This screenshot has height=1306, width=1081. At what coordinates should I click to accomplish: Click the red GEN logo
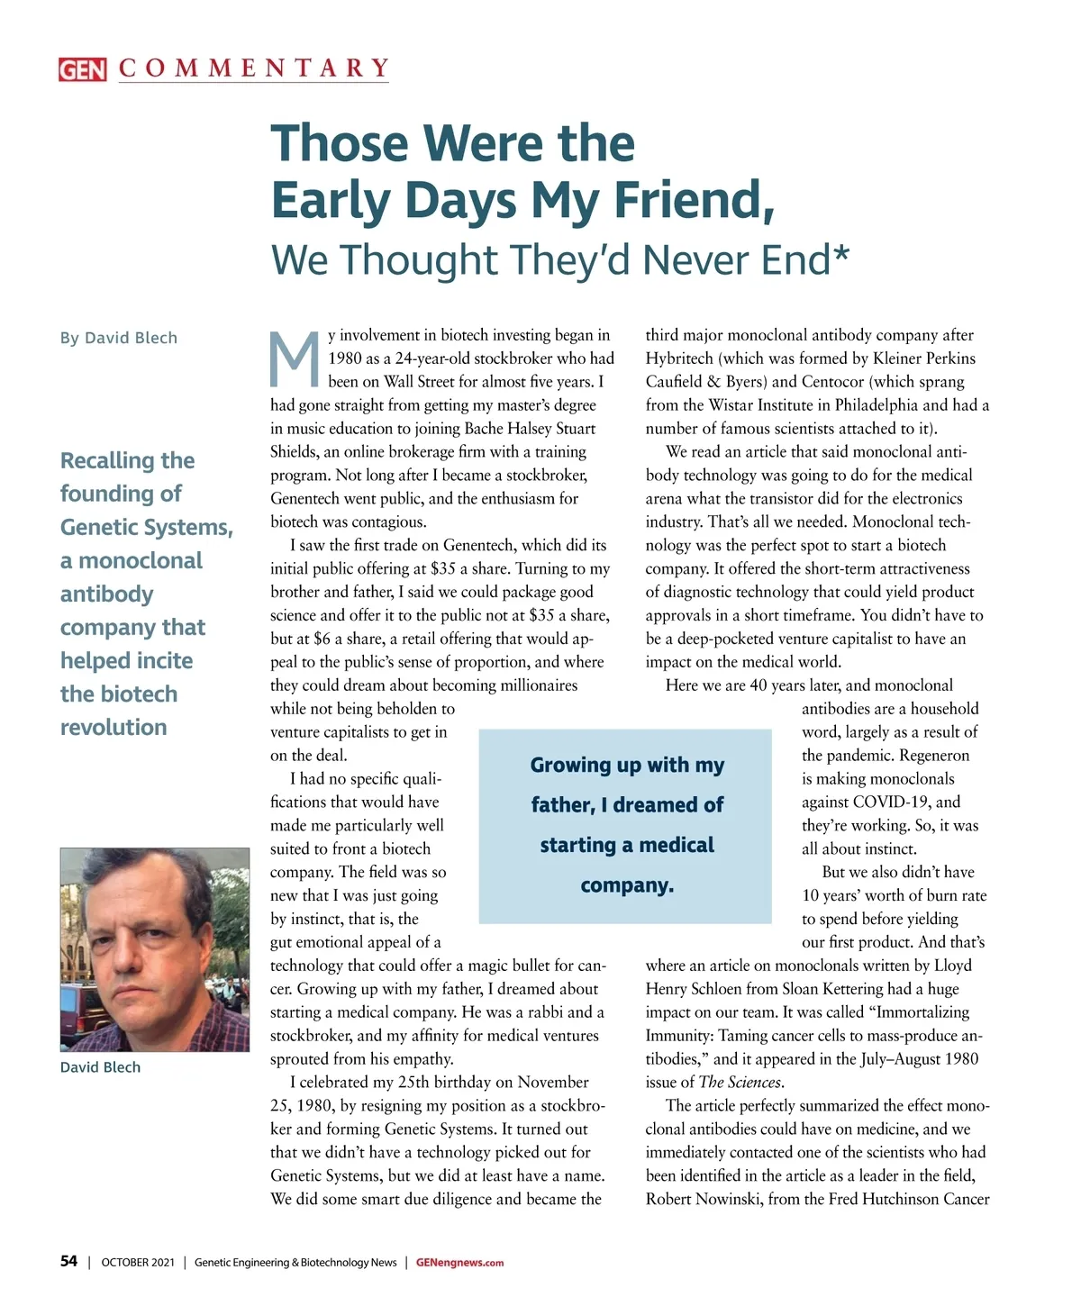pos(82,69)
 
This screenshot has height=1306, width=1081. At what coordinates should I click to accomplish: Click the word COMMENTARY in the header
pos(254,68)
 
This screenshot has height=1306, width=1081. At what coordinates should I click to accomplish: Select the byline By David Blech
pos(119,338)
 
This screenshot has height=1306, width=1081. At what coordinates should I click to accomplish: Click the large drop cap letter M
pos(295,358)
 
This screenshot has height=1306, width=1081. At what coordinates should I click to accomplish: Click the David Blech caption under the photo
pos(100,1067)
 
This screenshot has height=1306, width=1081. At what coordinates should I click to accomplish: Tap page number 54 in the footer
pos(68,1261)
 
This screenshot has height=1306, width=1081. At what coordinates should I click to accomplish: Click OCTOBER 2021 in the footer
pos(138,1263)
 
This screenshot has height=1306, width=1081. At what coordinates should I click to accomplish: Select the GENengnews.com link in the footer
pos(459,1263)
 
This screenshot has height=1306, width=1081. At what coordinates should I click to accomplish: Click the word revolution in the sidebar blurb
pos(114,727)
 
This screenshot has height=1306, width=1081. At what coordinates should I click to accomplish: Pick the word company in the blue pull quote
pos(626,885)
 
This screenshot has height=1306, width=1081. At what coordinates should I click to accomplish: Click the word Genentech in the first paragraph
pos(308,498)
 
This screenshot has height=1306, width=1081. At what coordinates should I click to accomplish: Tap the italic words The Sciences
pos(740,1083)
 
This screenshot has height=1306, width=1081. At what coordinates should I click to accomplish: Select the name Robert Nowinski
pos(703,1200)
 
